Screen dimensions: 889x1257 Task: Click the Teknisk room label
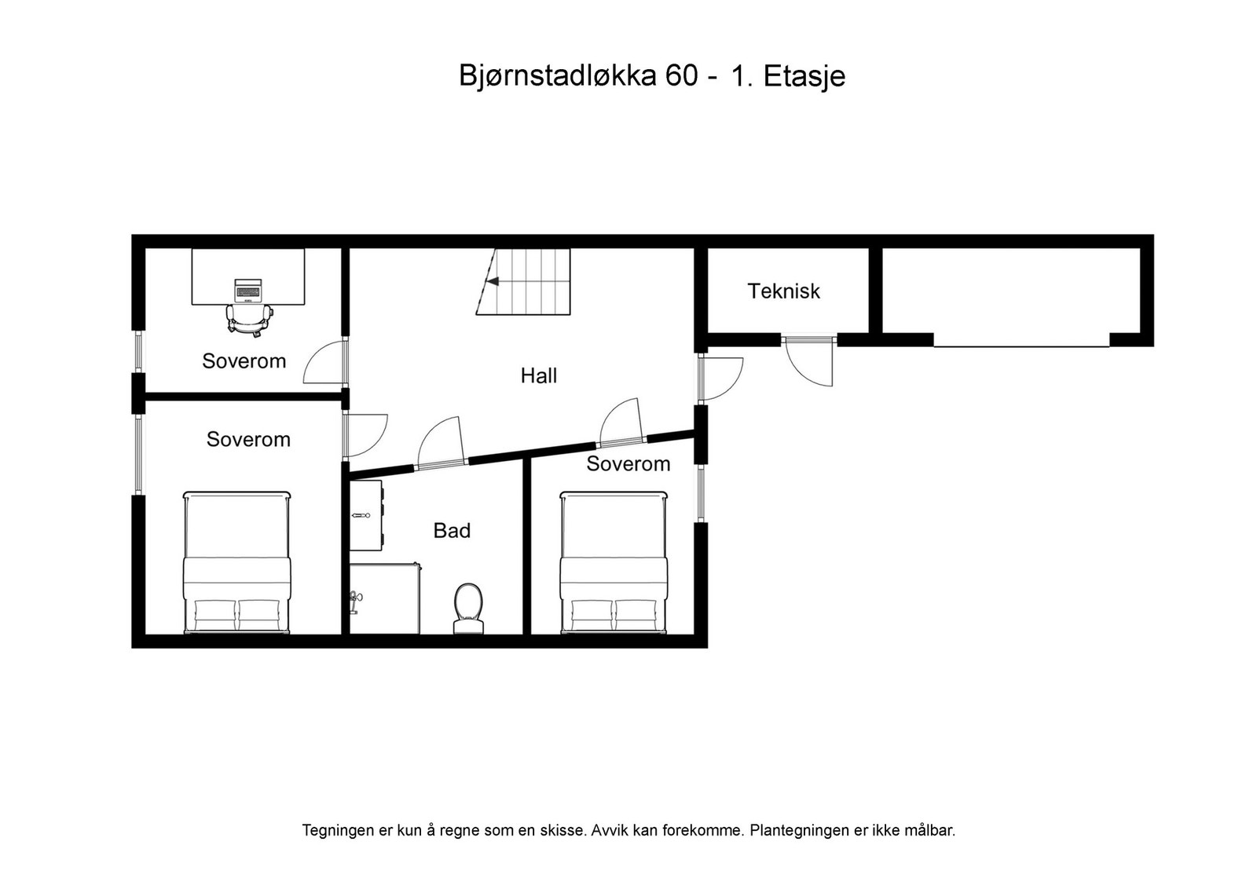click(783, 291)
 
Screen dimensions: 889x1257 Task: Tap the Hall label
click(538, 375)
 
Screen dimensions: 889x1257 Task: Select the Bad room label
click(452, 531)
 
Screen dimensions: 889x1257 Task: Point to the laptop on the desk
click(247, 290)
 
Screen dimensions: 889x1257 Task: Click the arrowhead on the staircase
click(493, 281)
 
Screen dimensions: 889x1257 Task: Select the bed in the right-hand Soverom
click(614, 562)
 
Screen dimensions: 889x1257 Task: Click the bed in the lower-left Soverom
click(237, 562)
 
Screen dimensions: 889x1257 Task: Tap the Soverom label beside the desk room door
click(244, 361)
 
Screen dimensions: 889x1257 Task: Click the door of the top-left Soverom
click(324, 364)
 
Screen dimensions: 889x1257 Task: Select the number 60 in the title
click(680, 76)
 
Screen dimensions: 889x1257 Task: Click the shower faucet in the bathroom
click(356, 599)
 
